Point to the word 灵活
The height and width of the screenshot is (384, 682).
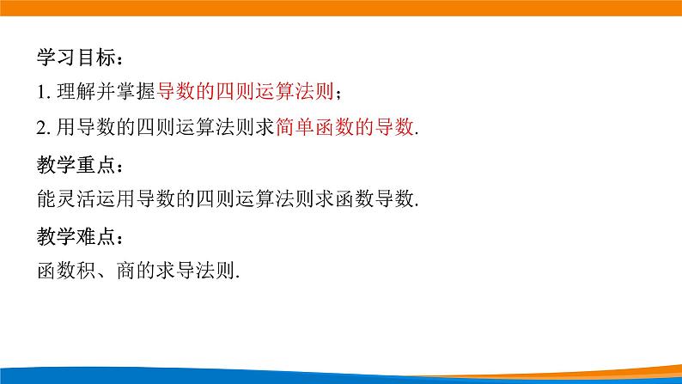point(73,198)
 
